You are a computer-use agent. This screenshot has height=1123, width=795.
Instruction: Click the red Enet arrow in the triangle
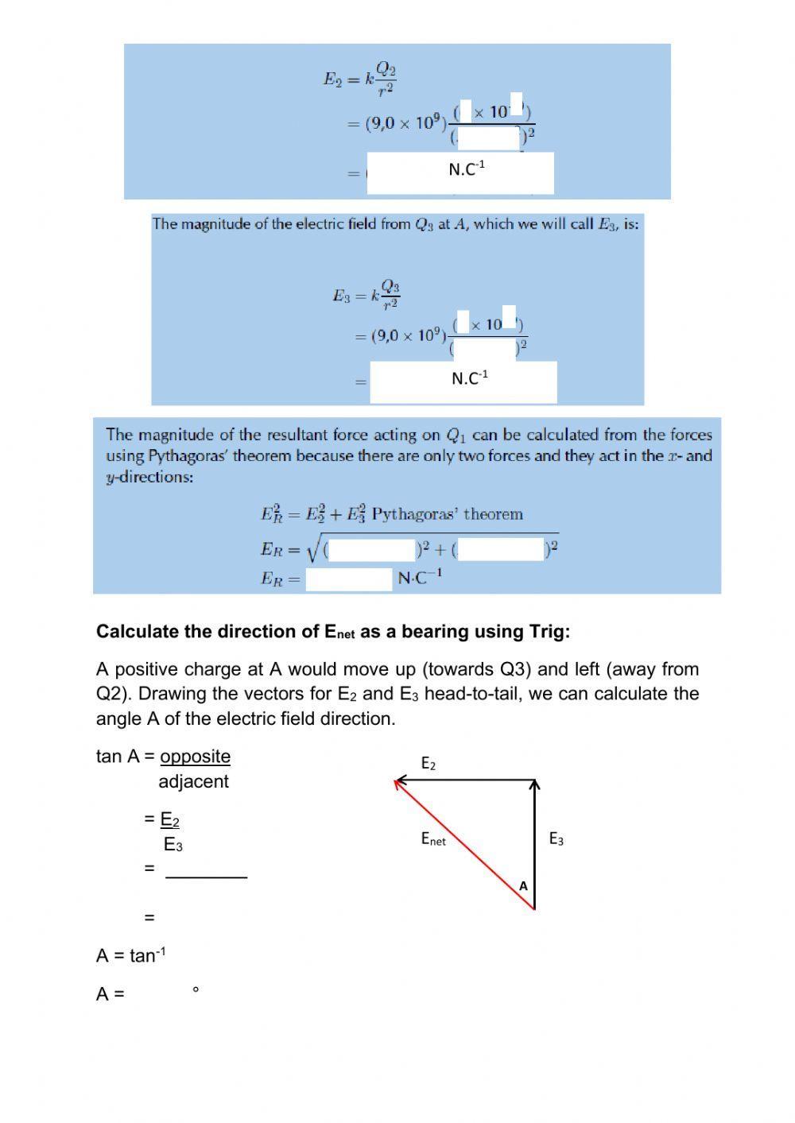[464, 845]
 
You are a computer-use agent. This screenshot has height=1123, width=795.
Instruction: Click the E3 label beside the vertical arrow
[556, 839]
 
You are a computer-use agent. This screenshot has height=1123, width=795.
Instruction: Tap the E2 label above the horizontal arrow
[428, 764]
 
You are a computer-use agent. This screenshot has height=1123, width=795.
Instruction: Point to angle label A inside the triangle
[523, 885]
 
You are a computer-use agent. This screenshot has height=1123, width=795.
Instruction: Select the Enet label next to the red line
[433, 838]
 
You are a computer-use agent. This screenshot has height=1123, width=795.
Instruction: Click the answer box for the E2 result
[460, 173]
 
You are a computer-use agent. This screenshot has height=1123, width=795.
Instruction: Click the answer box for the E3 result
[463, 382]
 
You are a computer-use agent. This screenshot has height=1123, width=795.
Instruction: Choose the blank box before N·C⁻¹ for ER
[349, 579]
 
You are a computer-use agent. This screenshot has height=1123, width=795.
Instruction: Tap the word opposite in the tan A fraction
[195, 757]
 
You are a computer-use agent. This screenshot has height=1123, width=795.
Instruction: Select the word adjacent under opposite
[193, 781]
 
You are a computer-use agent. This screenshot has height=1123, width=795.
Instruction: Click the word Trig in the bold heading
[547, 632]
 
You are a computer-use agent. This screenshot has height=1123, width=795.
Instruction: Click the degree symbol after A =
[196, 990]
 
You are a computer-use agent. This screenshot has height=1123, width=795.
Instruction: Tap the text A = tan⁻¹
[131, 955]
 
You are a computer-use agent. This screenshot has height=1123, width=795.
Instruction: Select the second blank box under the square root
[501, 550]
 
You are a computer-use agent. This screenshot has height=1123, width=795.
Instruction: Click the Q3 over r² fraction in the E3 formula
[390, 294]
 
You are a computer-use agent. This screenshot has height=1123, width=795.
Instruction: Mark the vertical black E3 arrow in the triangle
[535, 845]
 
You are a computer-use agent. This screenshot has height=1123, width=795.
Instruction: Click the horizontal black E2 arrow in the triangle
[465, 781]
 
